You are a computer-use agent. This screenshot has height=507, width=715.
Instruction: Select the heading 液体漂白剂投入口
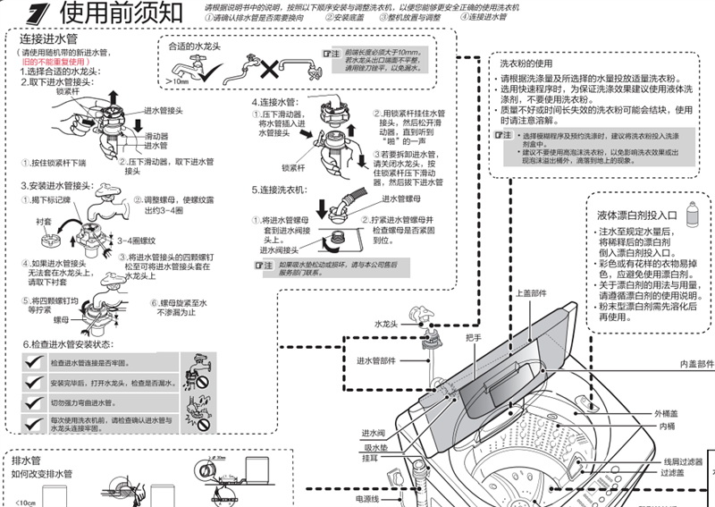[638, 215]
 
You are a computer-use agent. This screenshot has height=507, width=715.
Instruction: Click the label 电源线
[367, 498]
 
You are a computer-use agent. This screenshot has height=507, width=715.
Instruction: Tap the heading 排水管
[28, 460]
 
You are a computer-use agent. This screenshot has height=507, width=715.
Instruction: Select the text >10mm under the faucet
[179, 81]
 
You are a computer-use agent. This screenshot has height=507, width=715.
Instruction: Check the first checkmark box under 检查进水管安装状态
[35, 361]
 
